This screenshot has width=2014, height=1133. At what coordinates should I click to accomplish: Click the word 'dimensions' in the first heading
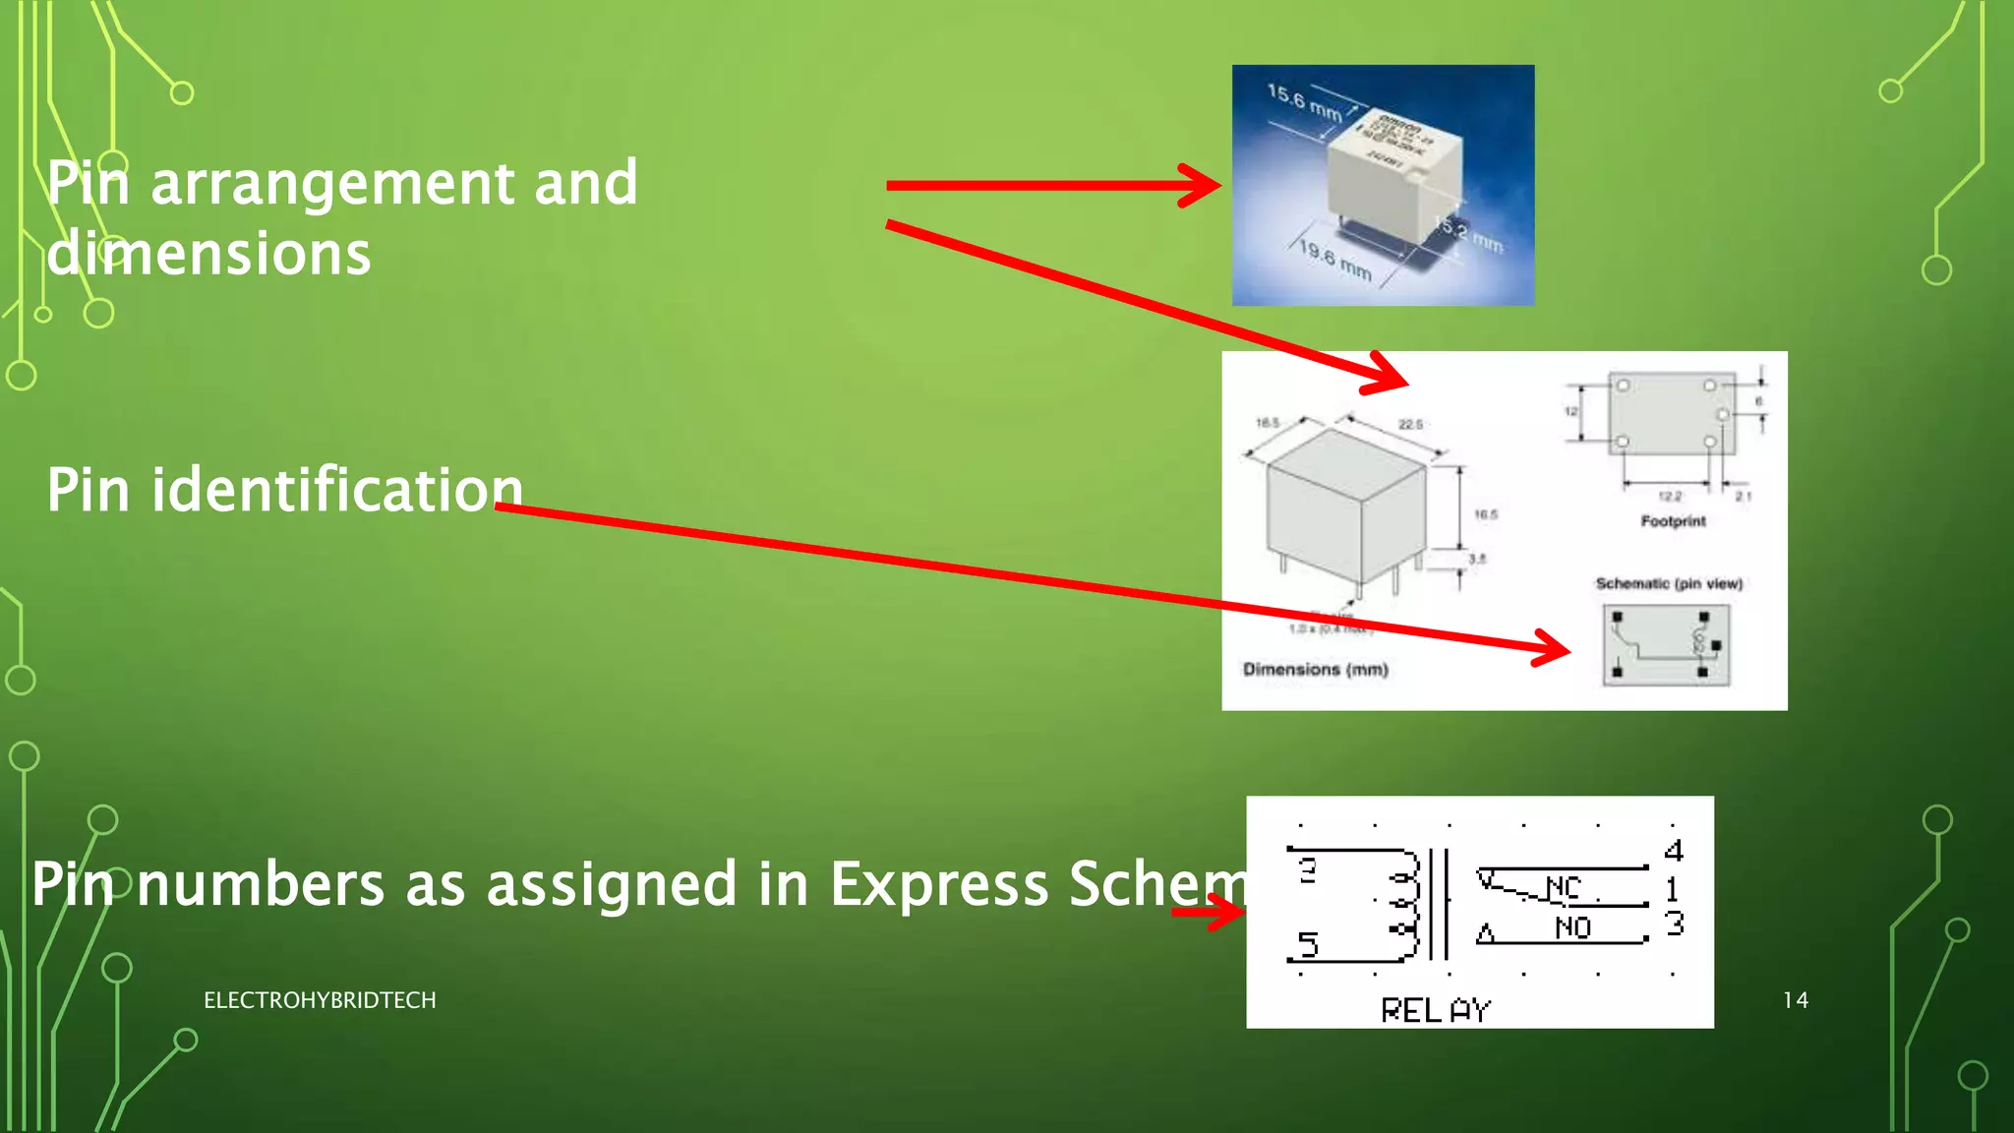(x=208, y=254)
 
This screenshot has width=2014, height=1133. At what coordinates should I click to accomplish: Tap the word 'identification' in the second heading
(x=336, y=490)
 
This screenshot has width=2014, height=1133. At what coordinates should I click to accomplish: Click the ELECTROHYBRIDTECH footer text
(x=320, y=1000)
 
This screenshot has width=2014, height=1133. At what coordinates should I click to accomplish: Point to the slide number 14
(x=1795, y=1000)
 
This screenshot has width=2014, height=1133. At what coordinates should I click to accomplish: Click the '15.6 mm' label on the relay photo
(x=1304, y=103)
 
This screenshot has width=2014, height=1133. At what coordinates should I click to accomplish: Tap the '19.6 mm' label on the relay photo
(x=1334, y=259)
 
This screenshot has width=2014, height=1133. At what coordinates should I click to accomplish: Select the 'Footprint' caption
(x=1673, y=521)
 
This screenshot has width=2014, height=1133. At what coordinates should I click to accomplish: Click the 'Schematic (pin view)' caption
(x=1669, y=583)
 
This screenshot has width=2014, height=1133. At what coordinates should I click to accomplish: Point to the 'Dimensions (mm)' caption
(x=1315, y=670)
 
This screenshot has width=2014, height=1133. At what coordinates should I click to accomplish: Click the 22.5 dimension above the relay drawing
(x=1410, y=425)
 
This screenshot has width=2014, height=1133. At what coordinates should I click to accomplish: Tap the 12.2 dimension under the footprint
(x=1669, y=497)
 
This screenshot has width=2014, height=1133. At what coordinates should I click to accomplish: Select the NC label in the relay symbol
(x=1563, y=888)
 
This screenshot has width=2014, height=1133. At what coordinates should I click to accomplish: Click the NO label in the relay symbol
(x=1572, y=927)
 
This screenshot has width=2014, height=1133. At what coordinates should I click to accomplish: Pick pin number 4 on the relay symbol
(x=1674, y=851)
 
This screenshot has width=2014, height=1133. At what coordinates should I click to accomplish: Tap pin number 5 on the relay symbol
(x=1308, y=945)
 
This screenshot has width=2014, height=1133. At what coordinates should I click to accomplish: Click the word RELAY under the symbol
(x=1436, y=1010)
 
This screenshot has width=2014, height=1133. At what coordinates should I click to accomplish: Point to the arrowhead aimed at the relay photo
(x=1202, y=186)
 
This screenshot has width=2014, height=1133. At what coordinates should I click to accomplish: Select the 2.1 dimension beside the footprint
(x=1743, y=497)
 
